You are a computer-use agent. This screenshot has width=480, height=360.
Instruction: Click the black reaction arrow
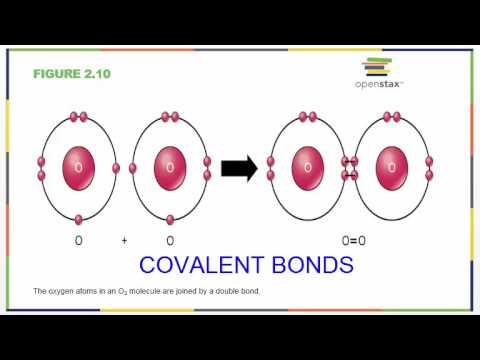(x=240, y=168)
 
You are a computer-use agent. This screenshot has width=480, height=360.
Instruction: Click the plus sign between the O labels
(x=125, y=241)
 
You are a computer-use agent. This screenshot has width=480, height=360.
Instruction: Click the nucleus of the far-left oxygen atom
(x=79, y=167)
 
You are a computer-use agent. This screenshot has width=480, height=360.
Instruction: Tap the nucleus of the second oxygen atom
(x=170, y=167)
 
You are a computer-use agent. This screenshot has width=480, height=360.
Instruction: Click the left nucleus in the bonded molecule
(x=308, y=167)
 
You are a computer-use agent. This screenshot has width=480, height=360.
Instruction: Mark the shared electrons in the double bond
(x=351, y=168)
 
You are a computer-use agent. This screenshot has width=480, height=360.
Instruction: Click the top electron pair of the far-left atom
(x=79, y=117)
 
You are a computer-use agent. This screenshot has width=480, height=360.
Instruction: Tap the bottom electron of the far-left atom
(x=79, y=219)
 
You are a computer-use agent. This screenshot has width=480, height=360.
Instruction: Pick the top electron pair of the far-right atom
(x=397, y=117)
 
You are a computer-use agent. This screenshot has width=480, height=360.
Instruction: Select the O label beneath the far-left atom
(x=79, y=241)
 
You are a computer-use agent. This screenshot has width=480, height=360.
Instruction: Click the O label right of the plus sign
(x=170, y=241)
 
